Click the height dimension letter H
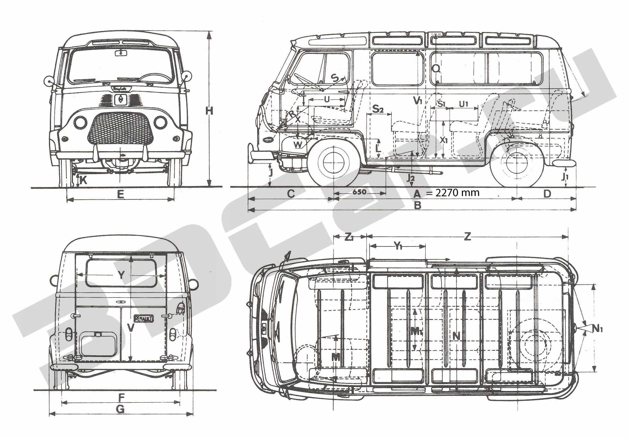(x=209, y=111)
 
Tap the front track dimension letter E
(x=121, y=195)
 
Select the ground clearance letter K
(x=84, y=180)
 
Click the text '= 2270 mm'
(x=453, y=193)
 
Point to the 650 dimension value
(x=359, y=192)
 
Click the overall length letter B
(x=417, y=205)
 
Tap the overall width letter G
(x=120, y=417)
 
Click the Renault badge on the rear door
(x=144, y=318)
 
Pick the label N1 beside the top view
(x=597, y=328)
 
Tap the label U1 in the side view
(x=464, y=104)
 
